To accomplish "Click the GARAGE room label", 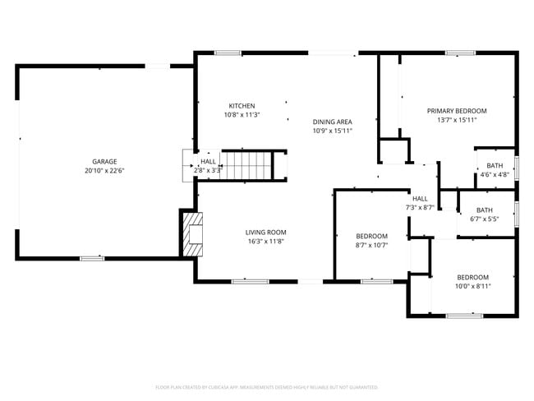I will point(104,161).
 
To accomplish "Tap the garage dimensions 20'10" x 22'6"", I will point(104,170).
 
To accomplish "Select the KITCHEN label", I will point(242,106).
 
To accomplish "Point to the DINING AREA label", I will point(332,122).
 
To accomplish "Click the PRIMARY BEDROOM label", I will point(457,111).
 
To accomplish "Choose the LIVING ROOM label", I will point(265,233).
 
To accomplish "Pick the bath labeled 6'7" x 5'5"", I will point(485,214).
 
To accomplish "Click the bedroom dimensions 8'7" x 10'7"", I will point(371,245).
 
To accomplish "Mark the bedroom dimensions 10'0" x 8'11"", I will point(472,286).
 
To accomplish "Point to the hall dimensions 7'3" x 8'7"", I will point(420,207).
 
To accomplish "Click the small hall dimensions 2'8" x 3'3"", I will point(208,170).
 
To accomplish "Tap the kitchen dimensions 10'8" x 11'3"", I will point(242,115).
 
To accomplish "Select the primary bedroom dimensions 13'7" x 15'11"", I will point(457,120).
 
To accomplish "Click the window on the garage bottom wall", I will point(92,258).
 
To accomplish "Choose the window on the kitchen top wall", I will point(228,53).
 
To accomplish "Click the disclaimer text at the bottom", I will point(266,386).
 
